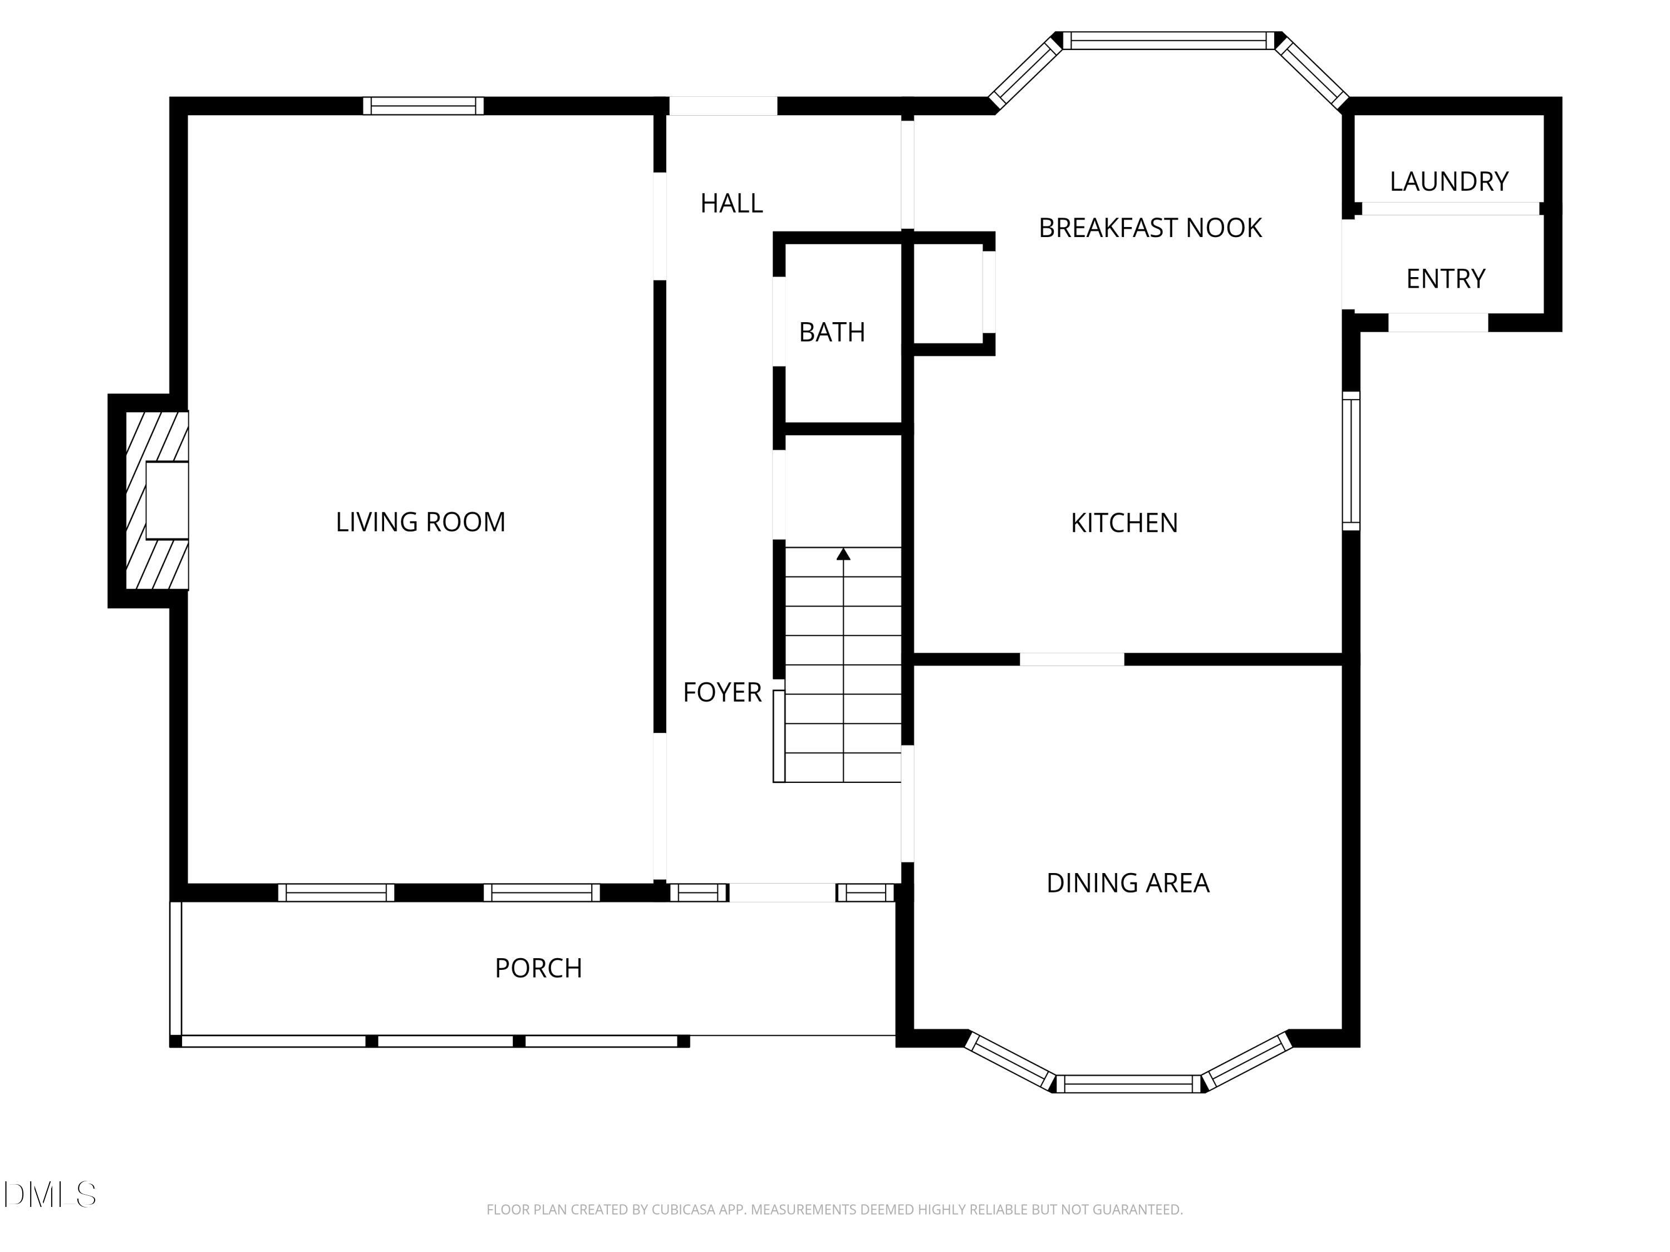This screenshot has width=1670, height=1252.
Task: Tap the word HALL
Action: [731, 203]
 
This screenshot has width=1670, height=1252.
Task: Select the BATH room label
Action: [831, 332]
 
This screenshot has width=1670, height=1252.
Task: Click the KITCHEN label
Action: [1123, 523]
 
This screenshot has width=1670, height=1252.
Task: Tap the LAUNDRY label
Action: [1448, 181]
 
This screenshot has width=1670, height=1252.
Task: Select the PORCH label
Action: [538, 968]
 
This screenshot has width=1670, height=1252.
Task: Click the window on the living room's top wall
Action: [423, 106]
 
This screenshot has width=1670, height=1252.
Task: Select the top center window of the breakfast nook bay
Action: [1168, 41]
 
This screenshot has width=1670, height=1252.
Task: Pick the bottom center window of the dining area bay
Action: [1127, 1084]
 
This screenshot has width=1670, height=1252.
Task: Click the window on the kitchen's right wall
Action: [1350, 460]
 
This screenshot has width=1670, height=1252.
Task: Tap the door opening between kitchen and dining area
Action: [1072, 659]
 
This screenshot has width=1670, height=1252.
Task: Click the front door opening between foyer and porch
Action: [782, 893]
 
